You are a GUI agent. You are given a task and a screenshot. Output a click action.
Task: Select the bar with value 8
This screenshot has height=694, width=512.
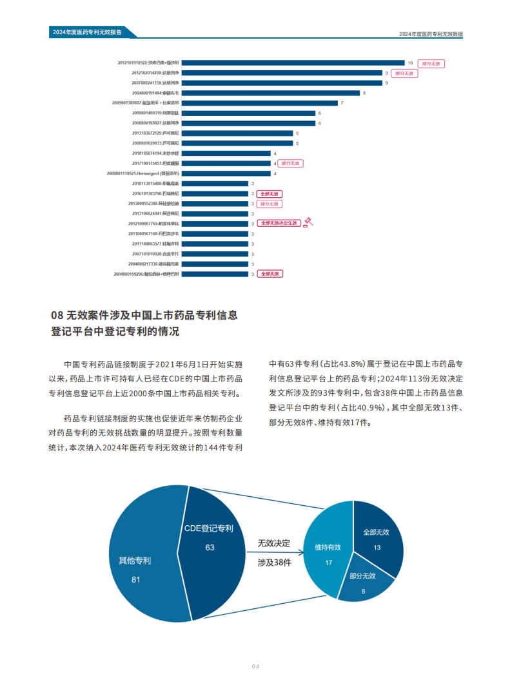tap(271, 93)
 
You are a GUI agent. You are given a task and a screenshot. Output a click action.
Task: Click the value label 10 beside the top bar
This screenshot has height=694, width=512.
tap(410, 63)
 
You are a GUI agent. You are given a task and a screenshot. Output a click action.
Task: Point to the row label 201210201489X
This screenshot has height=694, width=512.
tap(155, 73)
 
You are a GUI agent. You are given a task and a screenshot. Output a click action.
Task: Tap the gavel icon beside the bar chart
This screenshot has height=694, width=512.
tap(308, 223)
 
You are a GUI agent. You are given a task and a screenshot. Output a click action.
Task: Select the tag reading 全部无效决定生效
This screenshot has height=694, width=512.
tap(279, 223)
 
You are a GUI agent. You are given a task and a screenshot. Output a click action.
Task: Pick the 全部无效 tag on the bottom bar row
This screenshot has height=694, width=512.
tap(270, 274)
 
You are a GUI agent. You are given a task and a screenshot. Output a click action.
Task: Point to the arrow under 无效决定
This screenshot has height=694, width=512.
tap(274, 552)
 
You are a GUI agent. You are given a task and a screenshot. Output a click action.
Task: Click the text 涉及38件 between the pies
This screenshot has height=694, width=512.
tap(274, 563)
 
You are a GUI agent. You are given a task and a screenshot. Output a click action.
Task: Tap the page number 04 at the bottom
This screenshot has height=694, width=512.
tap(255, 667)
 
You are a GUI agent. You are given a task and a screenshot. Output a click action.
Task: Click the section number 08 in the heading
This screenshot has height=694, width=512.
tap(57, 316)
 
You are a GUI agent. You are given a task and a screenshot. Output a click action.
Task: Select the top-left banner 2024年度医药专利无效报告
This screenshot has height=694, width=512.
tap(87, 33)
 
